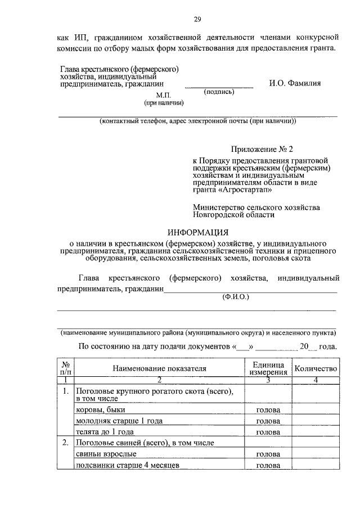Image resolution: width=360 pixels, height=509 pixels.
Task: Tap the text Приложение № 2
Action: pyautogui.click(x=262, y=150)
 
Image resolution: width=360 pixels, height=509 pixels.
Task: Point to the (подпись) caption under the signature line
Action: pyautogui.click(x=219, y=92)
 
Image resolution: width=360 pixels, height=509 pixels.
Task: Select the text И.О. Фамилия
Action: pyautogui.click(x=295, y=83)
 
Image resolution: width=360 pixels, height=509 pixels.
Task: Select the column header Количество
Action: pyautogui.click(x=315, y=368)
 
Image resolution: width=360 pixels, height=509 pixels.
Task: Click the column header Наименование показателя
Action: pyautogui.click(x=160, y=368)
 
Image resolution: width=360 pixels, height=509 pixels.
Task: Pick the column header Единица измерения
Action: pyautogui.click(x=268, y=368)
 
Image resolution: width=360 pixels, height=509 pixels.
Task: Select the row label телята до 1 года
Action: pyautogui.click(x=104, y=432)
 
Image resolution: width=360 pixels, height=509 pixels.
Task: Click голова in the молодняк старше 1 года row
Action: pyautogui.click(x=268, y=421)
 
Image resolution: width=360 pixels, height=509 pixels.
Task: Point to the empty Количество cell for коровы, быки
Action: pyautogui.click(x=315, y=409)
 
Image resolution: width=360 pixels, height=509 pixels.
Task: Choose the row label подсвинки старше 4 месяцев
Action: pyautogui.click(x=127, y=465)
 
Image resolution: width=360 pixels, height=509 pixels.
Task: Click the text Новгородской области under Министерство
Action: pyautogui.click(x=233, y=215)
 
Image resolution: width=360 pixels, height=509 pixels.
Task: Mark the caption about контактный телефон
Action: pyautogui.click(x=197, y=121)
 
